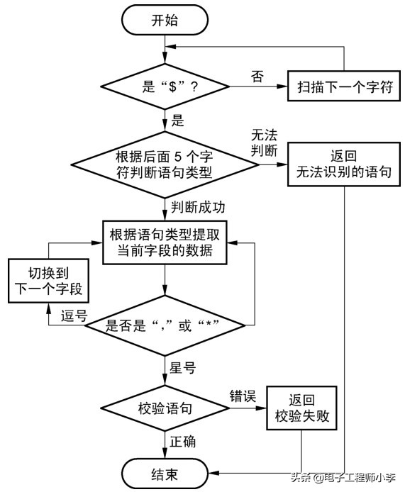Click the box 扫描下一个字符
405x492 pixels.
[x=340, y=88]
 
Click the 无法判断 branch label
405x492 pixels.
[x=268, y=142]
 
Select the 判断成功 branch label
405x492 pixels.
[x=198, y=207]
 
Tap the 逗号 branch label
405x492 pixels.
[x=72, y=316]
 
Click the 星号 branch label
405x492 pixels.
[x=183, y=367]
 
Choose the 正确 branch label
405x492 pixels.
[x=183, y=442]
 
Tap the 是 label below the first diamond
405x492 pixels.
[x=177, y=121]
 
